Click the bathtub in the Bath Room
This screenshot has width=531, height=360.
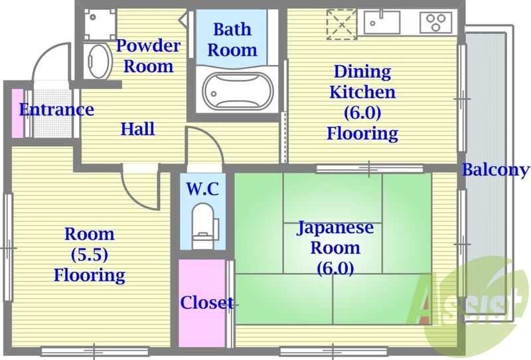[237, 91]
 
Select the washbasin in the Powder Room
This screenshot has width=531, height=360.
[99, 60]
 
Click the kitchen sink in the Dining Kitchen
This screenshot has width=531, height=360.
[382, 23]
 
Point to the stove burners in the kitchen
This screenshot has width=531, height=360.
[435, 23]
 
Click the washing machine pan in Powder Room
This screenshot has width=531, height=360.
[98, 23]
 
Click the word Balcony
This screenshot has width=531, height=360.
[496, 169]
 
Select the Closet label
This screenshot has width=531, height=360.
[206, 303]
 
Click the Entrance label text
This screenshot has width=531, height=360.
[56, 110]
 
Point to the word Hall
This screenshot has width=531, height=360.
[137, 129]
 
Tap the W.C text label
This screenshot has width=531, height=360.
[202, 188]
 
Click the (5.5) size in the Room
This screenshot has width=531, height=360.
[89, 254]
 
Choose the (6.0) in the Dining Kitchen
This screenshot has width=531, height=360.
[362, 112]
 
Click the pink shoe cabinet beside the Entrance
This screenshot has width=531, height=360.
[17, 112]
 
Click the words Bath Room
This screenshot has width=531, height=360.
[232, 39]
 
